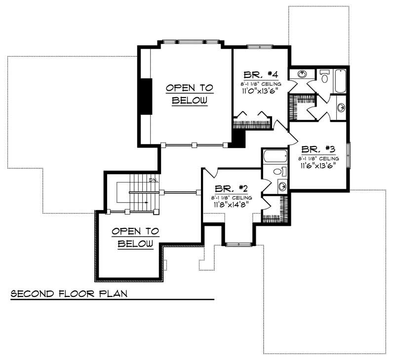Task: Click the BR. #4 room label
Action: click(x=259, y=75)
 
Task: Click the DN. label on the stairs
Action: click(x=153, y=180)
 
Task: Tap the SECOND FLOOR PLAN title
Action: click(x=69, y=294)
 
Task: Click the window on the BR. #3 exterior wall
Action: click(x=349, y=155)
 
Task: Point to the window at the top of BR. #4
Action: click(x=260, y=47)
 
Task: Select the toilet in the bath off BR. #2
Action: click(x=279, y=172)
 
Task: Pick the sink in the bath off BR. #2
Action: click(x=282, y=186)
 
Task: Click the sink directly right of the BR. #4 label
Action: click(x=302, y=75)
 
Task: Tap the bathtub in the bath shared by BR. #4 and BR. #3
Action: click(x=340, y=81)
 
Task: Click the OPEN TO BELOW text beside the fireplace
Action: click(x=189, y=94)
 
